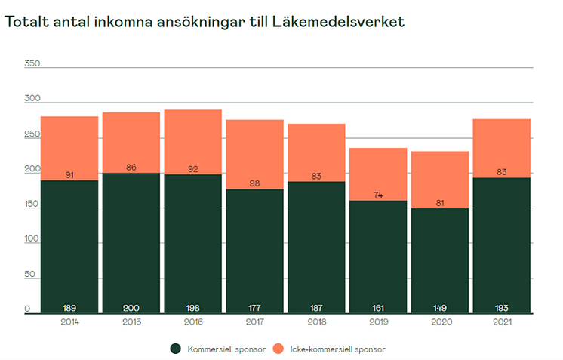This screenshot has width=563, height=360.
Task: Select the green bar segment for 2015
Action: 131,242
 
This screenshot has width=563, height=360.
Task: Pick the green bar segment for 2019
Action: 378,257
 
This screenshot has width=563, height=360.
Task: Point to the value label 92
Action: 192,169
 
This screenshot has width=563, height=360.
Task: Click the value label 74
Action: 378,195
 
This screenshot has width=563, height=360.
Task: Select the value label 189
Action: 69,308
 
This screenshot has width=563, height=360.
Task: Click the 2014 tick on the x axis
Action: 69,322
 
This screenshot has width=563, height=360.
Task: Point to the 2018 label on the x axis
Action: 316,322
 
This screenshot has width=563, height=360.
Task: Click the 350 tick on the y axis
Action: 32,63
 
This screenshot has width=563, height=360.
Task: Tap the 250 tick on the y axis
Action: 32,134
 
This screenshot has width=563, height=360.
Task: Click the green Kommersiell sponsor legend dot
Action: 175,349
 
